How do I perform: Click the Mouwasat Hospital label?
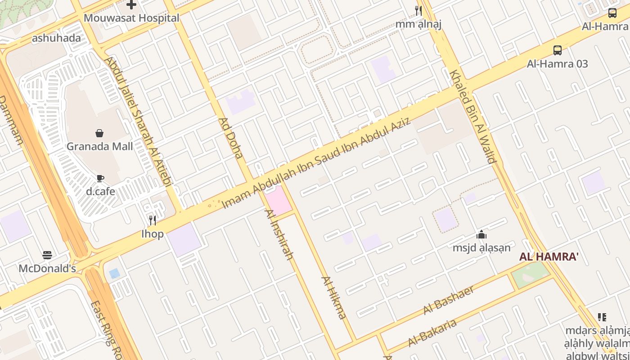[131, 18]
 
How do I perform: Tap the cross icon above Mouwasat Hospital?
[131, 5]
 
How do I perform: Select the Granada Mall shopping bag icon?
[99, 133]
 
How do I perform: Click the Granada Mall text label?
[99, 146]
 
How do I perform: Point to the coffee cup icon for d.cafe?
[100, 178]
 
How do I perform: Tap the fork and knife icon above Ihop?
[153, 220]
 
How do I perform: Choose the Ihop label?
[153, 234]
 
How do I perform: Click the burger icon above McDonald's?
[47, 255]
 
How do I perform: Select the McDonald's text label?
[47, 269]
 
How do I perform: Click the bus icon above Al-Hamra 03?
[558, 50]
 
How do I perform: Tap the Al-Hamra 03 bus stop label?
[558, 64]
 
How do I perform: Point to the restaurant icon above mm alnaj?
[418, 10]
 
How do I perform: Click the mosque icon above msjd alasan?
[481, 234]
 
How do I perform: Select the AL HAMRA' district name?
[549, 257]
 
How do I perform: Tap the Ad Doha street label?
[231, 138]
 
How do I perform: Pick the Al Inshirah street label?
[279, 235]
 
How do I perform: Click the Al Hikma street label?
[334, 297]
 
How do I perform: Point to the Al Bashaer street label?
[449, 300]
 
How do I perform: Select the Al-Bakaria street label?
[432, 333]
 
